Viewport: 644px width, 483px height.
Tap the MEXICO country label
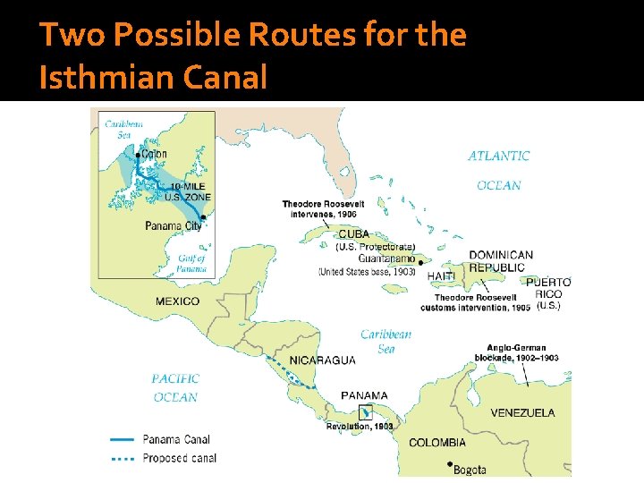click(177, 301)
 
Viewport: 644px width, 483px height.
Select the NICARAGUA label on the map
click(322, 360)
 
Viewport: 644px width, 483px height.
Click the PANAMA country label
click(364, 395)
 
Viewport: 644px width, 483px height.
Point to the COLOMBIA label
click(437, 443)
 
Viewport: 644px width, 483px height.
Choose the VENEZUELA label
click(522, 413)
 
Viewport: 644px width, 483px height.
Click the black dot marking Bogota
click(449, 464)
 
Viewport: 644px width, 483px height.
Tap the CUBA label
click(353, 234)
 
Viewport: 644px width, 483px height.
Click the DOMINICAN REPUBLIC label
click(501, 261)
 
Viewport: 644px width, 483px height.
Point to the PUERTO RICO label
click(548, 288)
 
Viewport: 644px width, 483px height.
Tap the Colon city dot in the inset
click(138, 155)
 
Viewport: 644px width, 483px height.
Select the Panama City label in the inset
click(173, 226)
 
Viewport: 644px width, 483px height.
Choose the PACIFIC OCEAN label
click(175, 388)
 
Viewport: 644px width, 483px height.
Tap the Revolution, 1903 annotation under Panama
click(359, 427)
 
